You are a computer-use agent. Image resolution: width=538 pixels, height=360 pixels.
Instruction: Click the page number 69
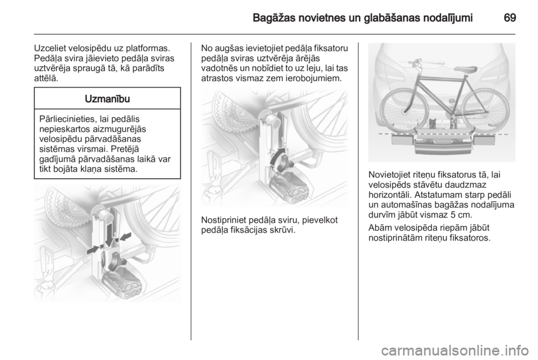pos(510,18)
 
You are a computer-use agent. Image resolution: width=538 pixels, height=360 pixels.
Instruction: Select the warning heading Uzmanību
pos(108,99)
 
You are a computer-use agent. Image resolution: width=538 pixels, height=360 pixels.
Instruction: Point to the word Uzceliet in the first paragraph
pos(50,48)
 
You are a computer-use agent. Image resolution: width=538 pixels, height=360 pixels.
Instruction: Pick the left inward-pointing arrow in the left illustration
pos(94,249)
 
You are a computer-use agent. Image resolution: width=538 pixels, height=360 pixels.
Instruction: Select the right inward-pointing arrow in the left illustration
pos(124,237)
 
